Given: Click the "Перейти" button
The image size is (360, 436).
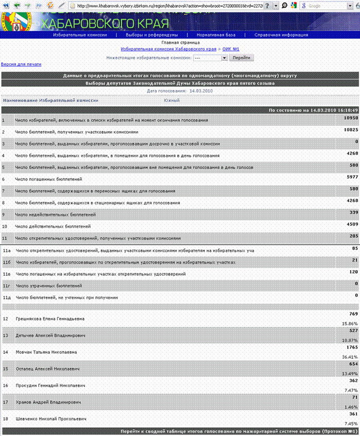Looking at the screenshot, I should [241, 58].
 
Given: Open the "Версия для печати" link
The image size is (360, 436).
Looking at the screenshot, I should [21, 64].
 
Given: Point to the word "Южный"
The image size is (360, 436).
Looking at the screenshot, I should [171, 100].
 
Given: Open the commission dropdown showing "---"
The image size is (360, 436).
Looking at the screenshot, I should [210, 58].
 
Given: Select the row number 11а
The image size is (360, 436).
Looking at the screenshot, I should [7, 250].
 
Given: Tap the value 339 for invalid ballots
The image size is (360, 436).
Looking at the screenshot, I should [352, 212].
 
